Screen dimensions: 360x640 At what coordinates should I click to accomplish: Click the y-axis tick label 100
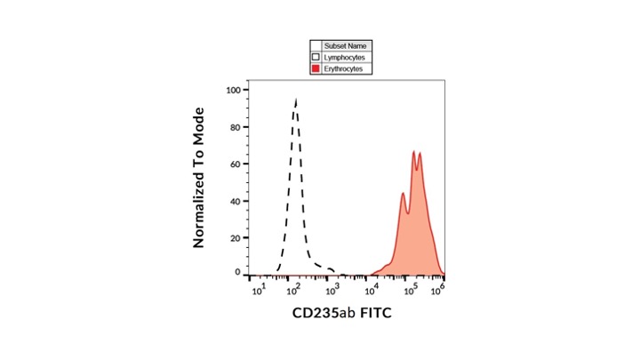232,90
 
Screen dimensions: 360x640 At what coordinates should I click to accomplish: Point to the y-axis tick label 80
235,126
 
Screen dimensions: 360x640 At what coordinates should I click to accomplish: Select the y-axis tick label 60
235,164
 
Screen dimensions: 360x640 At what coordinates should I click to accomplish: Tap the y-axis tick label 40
235,201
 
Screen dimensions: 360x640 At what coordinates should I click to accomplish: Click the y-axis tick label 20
235,238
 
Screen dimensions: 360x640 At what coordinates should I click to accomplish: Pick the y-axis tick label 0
237,272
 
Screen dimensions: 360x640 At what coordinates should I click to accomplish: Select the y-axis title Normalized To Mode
199,178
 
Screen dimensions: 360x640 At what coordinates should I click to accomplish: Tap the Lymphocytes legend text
344,57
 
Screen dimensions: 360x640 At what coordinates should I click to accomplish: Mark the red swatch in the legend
316,68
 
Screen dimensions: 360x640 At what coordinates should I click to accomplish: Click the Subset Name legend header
345,45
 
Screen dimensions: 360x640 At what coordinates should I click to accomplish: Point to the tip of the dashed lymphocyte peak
295,100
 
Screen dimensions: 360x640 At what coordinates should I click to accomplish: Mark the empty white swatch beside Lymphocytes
316,57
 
